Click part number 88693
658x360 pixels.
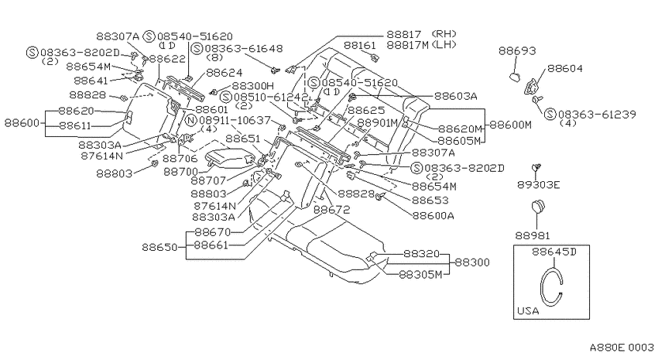517,51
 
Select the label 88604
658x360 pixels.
565,68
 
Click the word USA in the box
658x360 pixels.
528,311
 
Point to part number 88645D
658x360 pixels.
554,252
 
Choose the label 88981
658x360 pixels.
533,236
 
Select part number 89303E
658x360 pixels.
539,184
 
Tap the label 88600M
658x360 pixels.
511,125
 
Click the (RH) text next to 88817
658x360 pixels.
444,33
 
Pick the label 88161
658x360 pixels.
360,45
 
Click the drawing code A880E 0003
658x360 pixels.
622,348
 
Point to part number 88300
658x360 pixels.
472,262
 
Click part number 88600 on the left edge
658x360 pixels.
22,123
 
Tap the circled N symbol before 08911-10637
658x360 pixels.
191,121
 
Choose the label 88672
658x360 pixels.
331,209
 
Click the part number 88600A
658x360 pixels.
433,216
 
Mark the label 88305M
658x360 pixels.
420,275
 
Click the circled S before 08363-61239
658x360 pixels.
550,114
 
